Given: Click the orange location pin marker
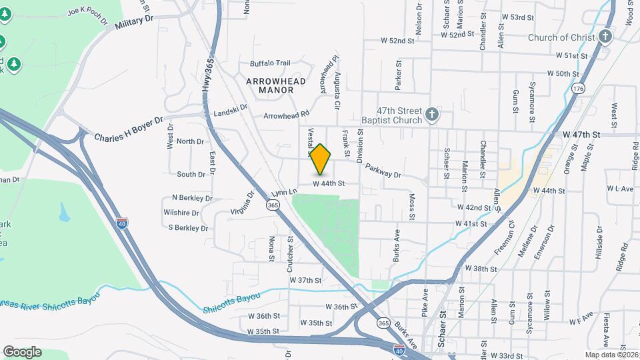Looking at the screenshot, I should click(x=321, y=159).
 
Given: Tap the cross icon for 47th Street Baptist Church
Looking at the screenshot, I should click(x=432, y=114).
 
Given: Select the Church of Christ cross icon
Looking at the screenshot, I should click(x=605, y=37).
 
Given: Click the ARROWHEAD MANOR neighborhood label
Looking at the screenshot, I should click(x=275, y=86).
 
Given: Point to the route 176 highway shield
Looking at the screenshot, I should click(x=578, y=89).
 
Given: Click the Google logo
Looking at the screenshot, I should click(x=22, y=352).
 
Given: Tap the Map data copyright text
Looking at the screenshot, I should click(x=611, y=355).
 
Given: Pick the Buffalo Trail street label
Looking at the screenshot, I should click(x=270, y=63).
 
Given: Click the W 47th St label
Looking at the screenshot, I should click(x=581, y=134).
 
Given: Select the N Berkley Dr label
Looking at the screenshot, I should click(x=192, y=198).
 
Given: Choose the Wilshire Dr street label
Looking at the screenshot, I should click(x=181, y=213).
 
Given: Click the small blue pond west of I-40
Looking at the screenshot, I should click(x=64, y=213).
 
